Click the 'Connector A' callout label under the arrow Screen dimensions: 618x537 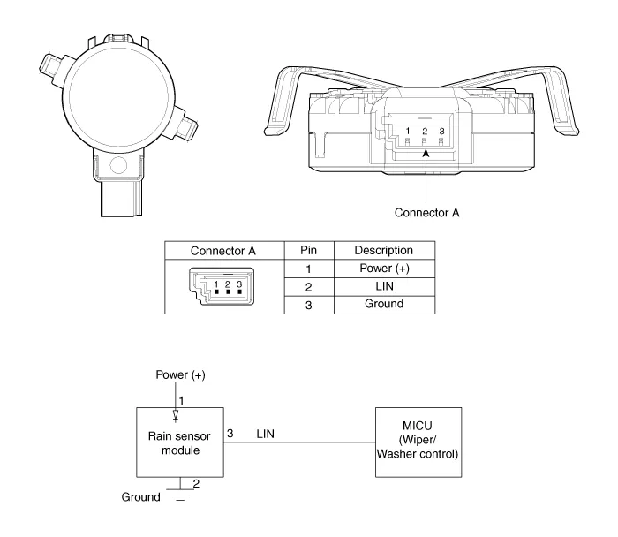tap(426, 213)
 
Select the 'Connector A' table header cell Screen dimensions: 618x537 tap(224, 250)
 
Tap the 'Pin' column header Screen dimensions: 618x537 tap(309, 250)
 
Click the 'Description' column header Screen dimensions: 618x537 tap(384, 250)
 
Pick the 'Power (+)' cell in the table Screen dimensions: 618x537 tap(384, 268)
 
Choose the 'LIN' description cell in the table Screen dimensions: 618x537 tap(384, 286)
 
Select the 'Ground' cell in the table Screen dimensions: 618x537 tap(384, 304)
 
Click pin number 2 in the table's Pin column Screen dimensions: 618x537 tap(309, 287)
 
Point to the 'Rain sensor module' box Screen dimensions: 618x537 tap(180, 442)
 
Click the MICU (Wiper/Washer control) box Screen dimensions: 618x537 tap(418, 442)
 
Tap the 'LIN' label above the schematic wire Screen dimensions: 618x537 tap(265, 434)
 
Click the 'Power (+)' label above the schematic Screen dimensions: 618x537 tap(180, 375)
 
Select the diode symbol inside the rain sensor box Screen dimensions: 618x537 tap(176, 415)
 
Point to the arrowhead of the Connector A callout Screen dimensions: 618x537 tap(426, 153)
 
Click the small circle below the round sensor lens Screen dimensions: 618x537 tap(118, 165)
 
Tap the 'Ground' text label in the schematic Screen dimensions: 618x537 tap(140, 497)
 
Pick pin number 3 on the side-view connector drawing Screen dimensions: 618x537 tap(441, 131)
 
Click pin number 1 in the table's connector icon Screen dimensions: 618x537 tap(216, 284)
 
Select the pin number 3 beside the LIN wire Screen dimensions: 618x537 tap(230, 434)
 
